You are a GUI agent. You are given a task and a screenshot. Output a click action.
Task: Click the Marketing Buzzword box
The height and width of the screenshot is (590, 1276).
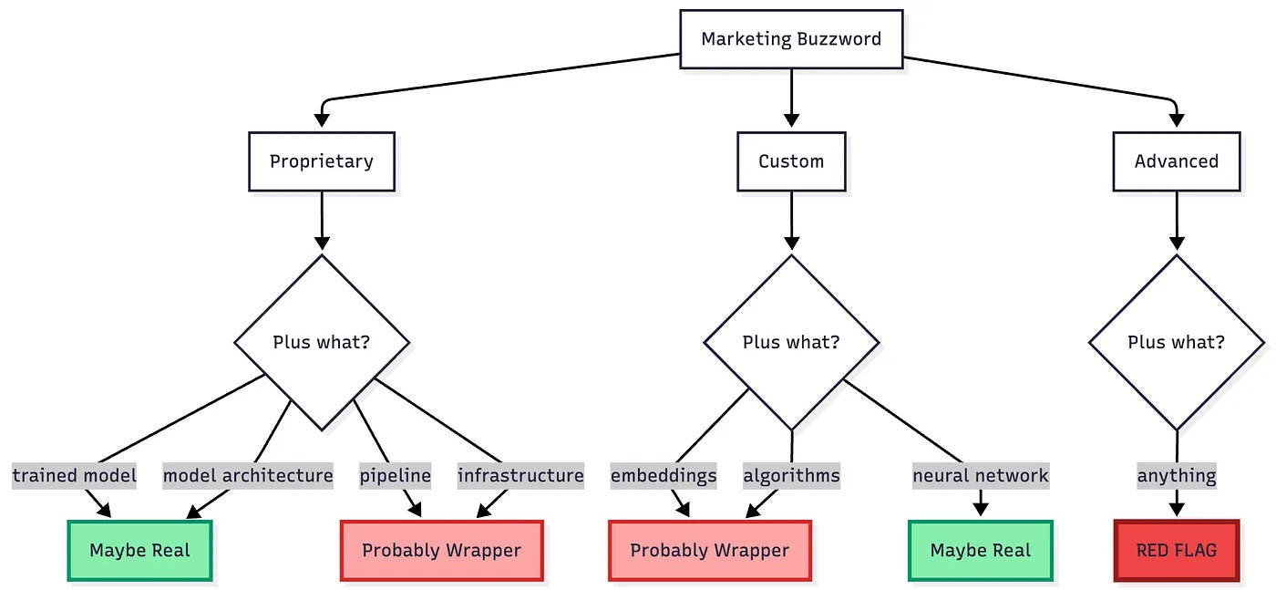(x=791, y=39)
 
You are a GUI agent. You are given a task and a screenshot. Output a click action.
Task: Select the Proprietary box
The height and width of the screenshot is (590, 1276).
(x=321, y=161)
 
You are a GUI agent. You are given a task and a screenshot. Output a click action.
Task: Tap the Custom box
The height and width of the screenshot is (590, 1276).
(x=791, y=161)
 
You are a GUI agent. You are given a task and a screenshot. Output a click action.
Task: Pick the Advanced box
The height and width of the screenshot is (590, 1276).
(x=1176, y=161)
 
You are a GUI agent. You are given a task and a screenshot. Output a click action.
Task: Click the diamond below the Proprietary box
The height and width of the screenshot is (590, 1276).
(x=321, y=343)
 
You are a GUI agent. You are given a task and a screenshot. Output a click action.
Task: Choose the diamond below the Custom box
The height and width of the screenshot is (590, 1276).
(x=791, y=343)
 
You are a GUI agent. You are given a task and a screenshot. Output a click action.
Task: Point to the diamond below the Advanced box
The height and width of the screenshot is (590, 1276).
(x=1176, y=343)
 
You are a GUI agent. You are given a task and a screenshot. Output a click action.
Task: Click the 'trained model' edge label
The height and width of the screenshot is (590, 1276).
(x=75, y=475)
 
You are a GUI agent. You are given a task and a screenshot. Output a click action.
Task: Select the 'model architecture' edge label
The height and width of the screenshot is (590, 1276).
(x=248, y=475)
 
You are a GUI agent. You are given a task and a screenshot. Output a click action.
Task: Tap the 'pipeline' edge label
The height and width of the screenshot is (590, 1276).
(x=395, y=475)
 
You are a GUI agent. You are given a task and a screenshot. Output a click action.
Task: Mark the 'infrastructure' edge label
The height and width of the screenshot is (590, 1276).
(x=520, y=475)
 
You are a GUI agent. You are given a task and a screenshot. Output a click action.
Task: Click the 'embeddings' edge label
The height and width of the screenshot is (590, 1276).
(x=664, y=475)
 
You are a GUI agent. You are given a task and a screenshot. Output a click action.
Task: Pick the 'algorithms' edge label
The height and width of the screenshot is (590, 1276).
(x=791, y=475)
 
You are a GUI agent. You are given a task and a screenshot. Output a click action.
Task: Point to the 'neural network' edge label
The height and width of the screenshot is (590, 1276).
(x=981, y=475)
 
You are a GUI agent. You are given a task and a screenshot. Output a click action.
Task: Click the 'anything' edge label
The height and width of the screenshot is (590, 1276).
(x=1176, y=475)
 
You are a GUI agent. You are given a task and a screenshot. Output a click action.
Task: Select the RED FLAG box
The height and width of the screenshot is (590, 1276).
(x=1176, y=551)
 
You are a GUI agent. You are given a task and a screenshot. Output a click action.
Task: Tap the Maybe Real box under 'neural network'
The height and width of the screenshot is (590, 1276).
(x=981, y=551)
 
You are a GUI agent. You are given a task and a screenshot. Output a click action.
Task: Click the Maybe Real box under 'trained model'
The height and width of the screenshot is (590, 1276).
(x=139, y=551)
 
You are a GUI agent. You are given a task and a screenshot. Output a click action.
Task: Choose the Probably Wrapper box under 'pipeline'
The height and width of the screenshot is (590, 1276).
(x=441, y=551)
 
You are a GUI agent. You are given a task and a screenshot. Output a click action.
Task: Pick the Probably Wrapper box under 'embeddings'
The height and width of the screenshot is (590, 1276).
(x=709, y=551)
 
